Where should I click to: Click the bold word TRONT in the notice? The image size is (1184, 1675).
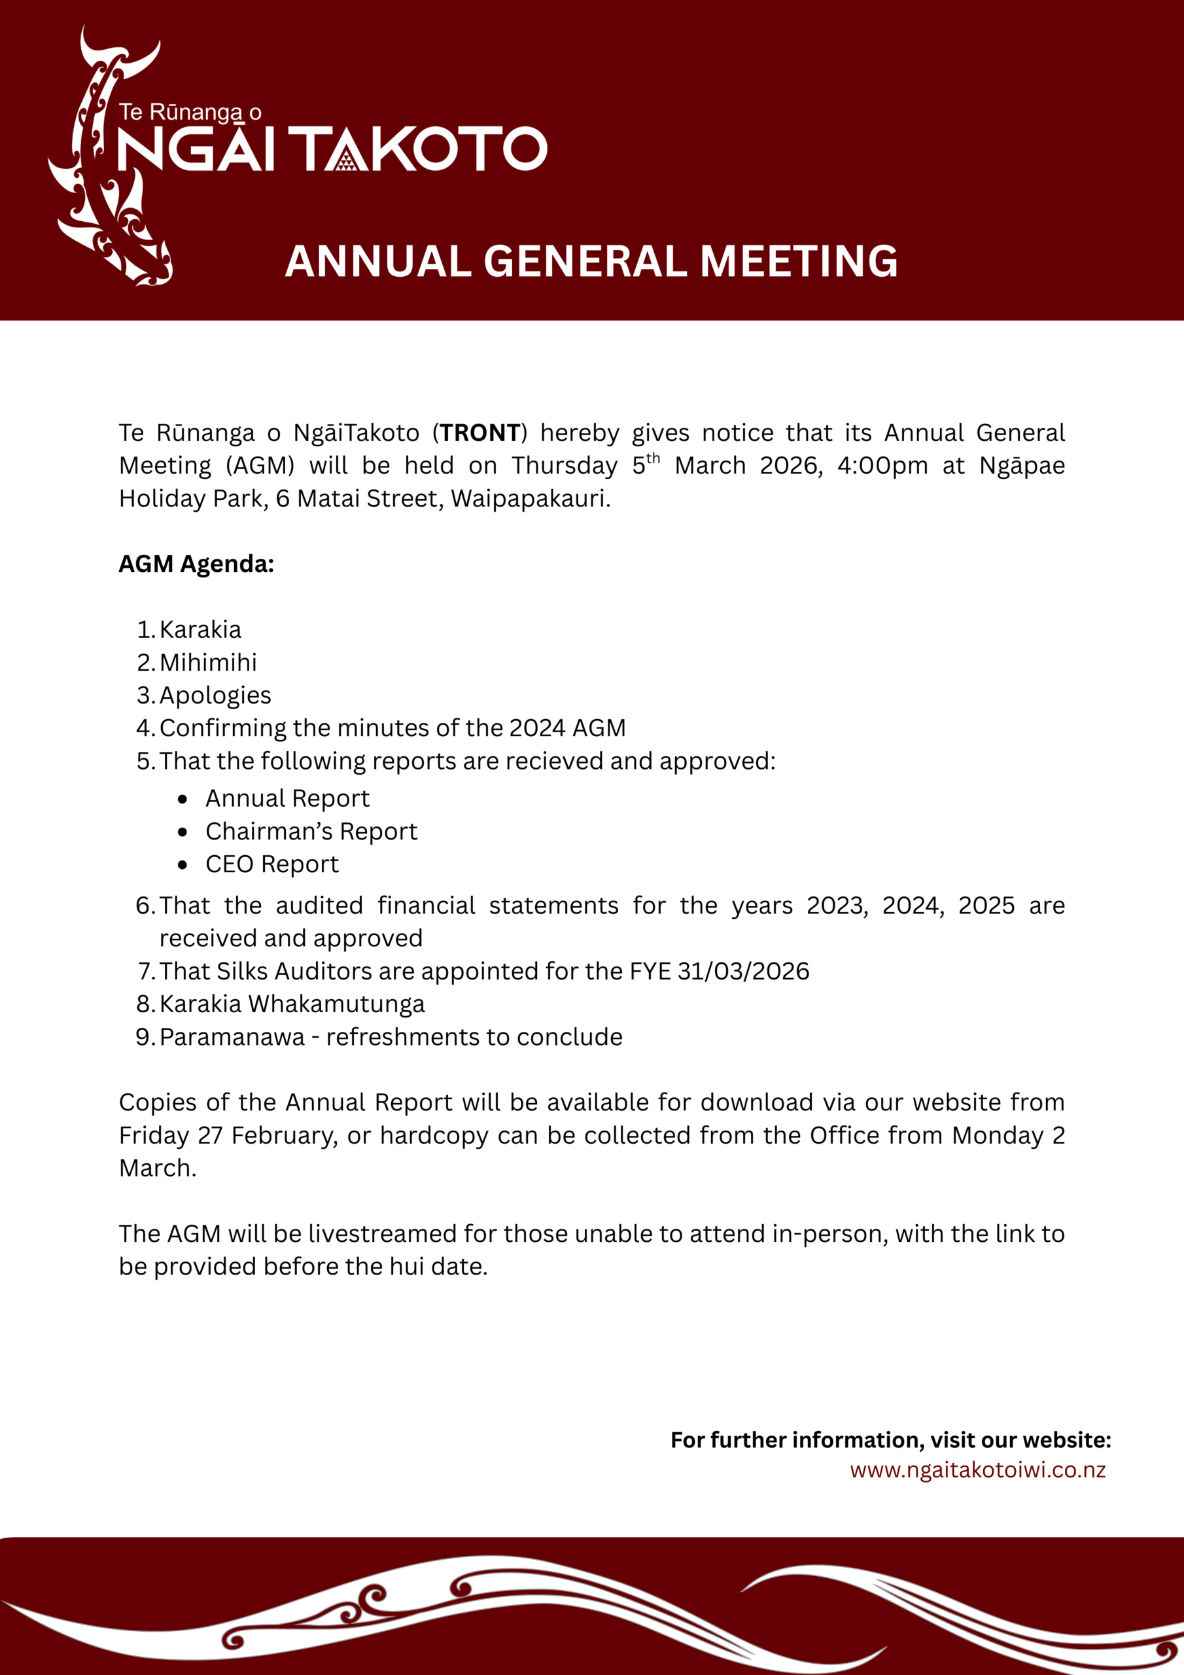pos(480,433)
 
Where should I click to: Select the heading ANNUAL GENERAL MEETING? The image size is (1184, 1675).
pos(591,261)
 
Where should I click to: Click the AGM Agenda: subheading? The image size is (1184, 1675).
pos(196,564)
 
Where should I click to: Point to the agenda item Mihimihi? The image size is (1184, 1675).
pos(208,662)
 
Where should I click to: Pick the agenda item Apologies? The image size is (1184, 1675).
pos(215,696)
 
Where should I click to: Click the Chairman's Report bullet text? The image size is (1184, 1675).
pos(311,832)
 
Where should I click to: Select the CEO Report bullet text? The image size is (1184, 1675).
pos(272,864)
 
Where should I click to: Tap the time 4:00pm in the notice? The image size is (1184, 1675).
pos(882,465)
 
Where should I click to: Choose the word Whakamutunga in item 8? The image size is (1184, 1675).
pos(336,1004)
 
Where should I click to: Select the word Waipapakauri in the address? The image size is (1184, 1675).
pos(531,499)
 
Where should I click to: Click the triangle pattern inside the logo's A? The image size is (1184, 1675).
pos(347,160)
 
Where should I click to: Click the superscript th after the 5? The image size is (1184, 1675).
pos(653,458)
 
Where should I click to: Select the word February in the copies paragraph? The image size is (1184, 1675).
pos(285,1136)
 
